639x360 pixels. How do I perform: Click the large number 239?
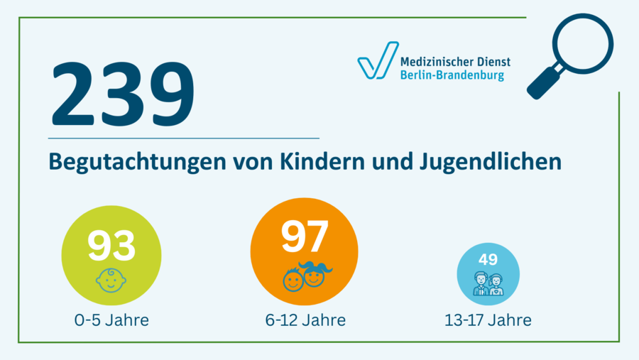pos(121,94)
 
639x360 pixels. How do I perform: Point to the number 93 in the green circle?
pos(111,244)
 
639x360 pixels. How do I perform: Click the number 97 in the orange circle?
pos(305,236)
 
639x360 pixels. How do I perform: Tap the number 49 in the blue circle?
pos(488,258)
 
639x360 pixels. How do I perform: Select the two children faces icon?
pos(306,277)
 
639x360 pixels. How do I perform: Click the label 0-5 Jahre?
pos(111,320)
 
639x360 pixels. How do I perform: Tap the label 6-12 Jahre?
pos(305,320)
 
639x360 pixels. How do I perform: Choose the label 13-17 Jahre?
pos(488,320)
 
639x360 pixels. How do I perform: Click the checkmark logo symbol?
pos(377,61)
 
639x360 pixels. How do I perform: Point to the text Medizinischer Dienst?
pos(455,62)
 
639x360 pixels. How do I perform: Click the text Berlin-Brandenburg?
pos(452,75)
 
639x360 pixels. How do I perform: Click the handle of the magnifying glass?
pos(543,83)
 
